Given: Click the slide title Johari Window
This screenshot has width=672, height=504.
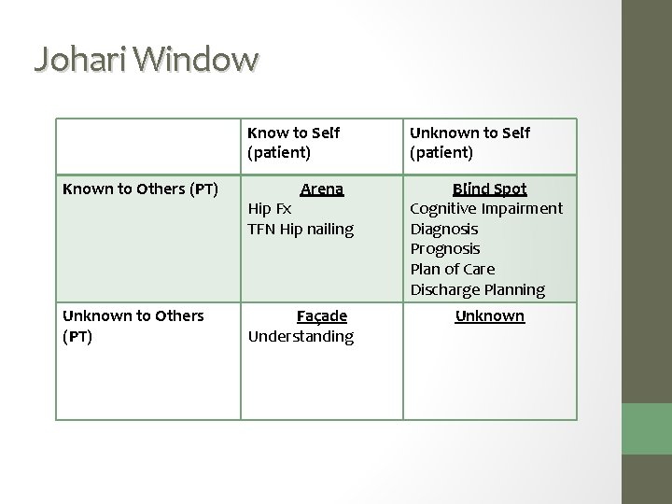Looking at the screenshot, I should (x=146, y=59).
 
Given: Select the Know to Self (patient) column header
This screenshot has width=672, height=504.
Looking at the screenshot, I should (x=293, y=143).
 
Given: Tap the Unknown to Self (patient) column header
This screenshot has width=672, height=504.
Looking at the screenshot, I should (x=469, y=143).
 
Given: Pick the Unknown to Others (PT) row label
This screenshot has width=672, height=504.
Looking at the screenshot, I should (x=133, y=326).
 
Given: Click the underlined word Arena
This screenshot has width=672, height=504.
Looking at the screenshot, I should (x=322, y=189).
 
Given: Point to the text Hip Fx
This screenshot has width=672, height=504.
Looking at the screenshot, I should (x=269, y=209).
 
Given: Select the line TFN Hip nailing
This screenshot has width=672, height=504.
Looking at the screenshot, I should (x=301, y=229).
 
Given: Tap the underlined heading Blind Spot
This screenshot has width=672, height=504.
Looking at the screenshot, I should (x=489, y=189).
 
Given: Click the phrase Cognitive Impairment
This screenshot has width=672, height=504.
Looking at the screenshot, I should (x=486, y=209).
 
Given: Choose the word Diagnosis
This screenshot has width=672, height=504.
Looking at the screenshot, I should (x=444, y=229).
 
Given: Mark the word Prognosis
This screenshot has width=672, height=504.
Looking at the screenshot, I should (x=445, y=249).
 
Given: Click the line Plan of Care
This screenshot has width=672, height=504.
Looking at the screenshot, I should (x=452, y=270).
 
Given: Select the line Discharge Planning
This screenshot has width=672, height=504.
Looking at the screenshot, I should (x=477, y=290).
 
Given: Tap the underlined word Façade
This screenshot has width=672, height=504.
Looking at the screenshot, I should (x=321, y=316).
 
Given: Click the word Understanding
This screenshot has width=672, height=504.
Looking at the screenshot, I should (x=301, y=336).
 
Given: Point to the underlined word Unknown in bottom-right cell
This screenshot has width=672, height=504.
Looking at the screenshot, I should (x=489, y=316).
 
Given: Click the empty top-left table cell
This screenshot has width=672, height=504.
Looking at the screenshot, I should (x=147, y=144).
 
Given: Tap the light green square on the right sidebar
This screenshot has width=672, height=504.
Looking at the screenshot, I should (x=647, y=428).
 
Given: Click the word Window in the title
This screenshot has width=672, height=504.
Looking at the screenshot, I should (x=197, y=59).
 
